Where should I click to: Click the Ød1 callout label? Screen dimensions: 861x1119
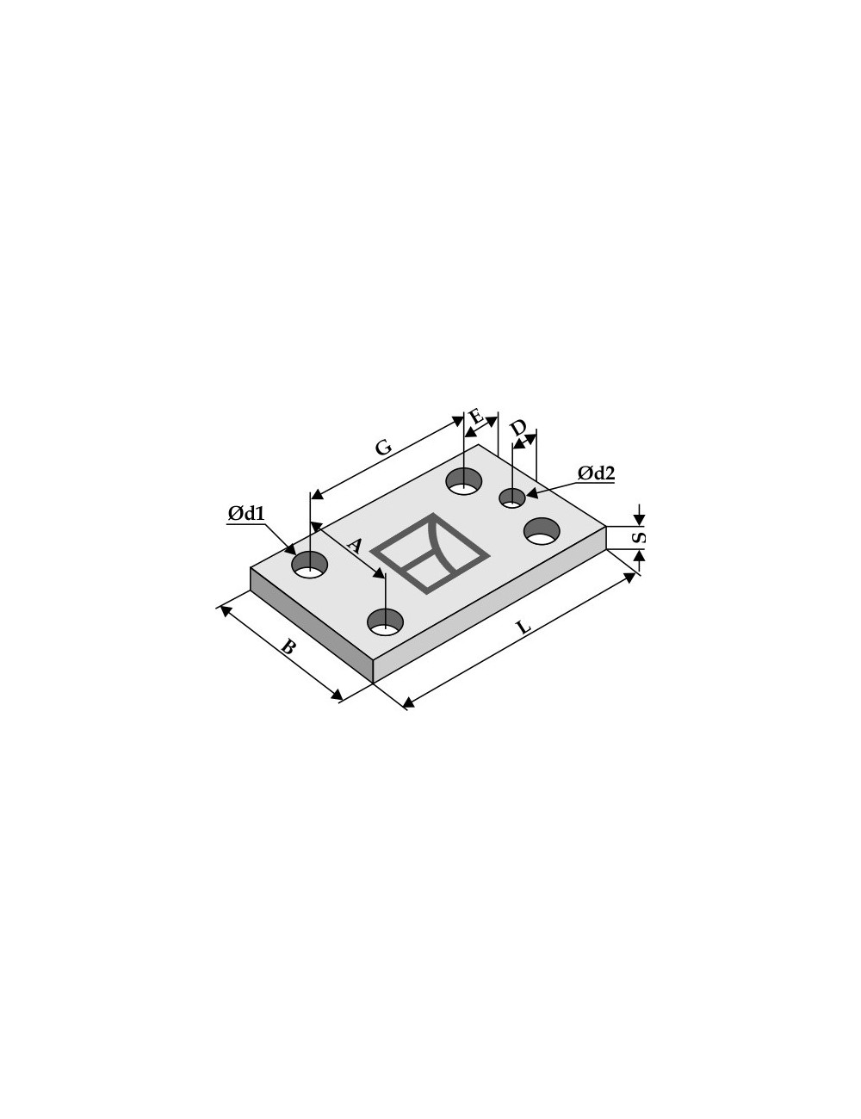click(246, 513)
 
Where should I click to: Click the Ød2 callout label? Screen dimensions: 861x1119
click(596, 473)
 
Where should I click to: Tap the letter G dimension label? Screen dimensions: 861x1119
click(384, 447)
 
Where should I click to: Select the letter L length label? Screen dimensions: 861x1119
click(523, 628)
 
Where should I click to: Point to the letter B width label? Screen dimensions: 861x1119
click(288, 646)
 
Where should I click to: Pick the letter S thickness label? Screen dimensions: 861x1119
click(640, 538)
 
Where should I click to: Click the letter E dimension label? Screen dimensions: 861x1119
click(476, 416)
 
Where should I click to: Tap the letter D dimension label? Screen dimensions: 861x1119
click(518, 428)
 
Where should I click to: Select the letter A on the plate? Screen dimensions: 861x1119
click(354, 545)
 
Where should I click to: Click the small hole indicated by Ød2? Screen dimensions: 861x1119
click(512, 498)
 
